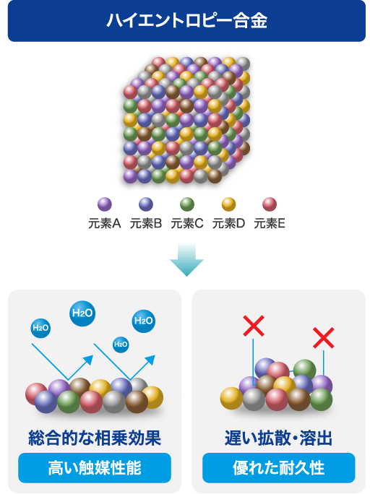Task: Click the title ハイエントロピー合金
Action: pyautogui.click(x=187, y=20)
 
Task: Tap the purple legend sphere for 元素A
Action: pyautogui.click(x=105, y=204)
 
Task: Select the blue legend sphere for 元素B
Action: pyautogui.click(x=146, y=204)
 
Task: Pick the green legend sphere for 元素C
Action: pyautogui.click(x=187, y=204)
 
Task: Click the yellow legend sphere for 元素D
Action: pyautogui.click(x=228, y=204)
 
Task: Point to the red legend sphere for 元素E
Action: pyautogui.click(x=270, y=204)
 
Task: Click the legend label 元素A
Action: pyautogui.click(x=105, y=223)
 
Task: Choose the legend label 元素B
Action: pyautogui.click(x=146, y=223)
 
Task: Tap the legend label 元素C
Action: pyautogui.click(x=187, y=223)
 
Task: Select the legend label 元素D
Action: pyautogui.click(x=228, y=223)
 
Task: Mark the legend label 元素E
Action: pyautogui.click(x=270, y=223)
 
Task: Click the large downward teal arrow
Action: pyautogui.click(x=187, y=259)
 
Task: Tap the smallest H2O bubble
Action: pyautogui.click(x=121, y=344)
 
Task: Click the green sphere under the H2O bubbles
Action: pyautogui.click(x=69, y=402)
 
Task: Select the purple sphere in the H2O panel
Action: pyautogui.click(x=59, y=388)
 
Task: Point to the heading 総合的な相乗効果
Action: pyautogui.click(x=95, y=438)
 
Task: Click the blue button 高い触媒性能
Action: pyautogui.click(x=95, y=468)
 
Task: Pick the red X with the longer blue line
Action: pyautogui.click(x=254, y=326)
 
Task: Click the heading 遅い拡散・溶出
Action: pyautogui.click(x=279, y=438)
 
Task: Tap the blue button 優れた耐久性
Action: pyautogui.click(x=279, y=468)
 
